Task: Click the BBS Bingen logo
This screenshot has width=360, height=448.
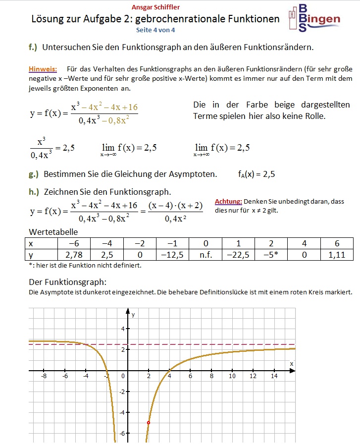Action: point(313,19)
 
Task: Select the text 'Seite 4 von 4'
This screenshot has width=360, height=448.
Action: point(155,30)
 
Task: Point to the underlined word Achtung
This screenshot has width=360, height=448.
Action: point(228,202)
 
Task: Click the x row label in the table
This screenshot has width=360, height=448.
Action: point(31,243)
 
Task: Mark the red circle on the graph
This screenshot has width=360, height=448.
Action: point(149,422)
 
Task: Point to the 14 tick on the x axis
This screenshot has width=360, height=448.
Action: point(274,377)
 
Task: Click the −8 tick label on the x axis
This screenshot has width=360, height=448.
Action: point(44,377)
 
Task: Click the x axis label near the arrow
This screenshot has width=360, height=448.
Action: point(292,364)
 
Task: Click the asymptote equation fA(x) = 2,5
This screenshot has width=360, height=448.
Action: point(256,174)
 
